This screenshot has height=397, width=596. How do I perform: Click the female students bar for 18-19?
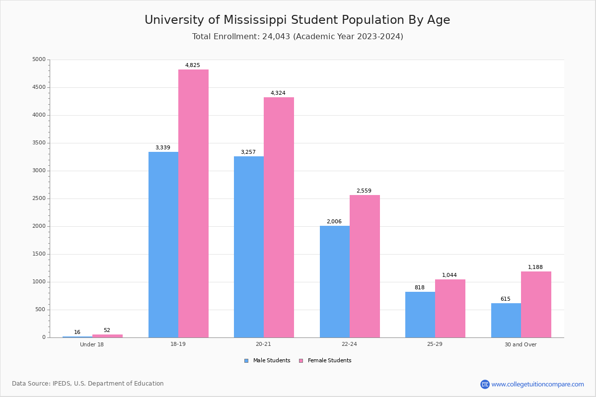pyautogui.click(x=193, y=203)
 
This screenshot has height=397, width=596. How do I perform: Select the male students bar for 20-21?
pyautogui.click(x=249, y=247)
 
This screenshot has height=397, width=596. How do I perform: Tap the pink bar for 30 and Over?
pyautogui.click(x=536, y=304)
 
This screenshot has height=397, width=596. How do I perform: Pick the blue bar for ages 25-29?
pyautogui.click(x=420, y=315)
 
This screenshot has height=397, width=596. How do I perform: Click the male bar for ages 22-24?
pyautogui.click(x=335, y=281)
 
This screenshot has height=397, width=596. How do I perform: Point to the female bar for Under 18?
pyautogui.click(x=107, y=336)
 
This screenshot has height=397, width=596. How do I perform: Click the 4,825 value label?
pyautogui.click(x=193, y=65)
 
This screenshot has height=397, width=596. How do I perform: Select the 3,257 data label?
pyautogui.click(x=248, y=152)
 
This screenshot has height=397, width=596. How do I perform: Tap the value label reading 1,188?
pyautogui.click(x=535, y=267)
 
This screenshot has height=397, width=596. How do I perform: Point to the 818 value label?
pyautogui.click(x=420, y=287)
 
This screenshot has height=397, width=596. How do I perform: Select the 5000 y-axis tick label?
pyautogui.click(x=39, y=60)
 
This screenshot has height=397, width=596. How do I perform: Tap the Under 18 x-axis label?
pyautogui.click(x=92, y=344)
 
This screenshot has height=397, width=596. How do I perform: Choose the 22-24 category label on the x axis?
pyautogui.click(x=349, y=344)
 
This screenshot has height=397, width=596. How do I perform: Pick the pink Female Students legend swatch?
pyautogui.click(x=301, y=361)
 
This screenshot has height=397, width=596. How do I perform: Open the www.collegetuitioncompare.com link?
pyautogui.click(x=537, y=384)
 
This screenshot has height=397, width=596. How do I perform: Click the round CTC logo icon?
pyautogui.click(x=485, y=384)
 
